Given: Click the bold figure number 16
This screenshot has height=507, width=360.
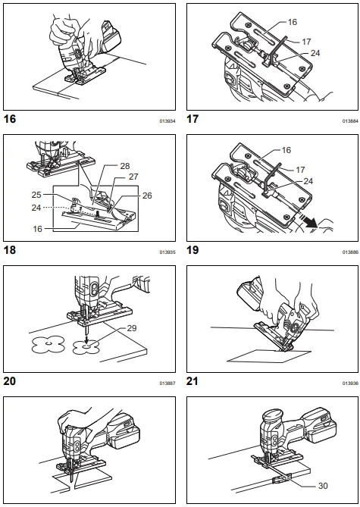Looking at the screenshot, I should [x=11, y=119].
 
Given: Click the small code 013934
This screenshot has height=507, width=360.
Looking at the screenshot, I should [x=167, y=120].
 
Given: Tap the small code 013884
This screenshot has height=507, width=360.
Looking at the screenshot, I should [x=349, y=120].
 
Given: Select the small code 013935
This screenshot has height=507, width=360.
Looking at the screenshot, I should [x=167, y=252].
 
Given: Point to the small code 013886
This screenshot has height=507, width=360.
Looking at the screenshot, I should [x=349, y=252].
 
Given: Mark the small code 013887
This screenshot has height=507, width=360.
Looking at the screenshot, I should [x=167, y=383].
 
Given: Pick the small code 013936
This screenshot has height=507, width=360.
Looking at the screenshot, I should [x=349, y=383].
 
